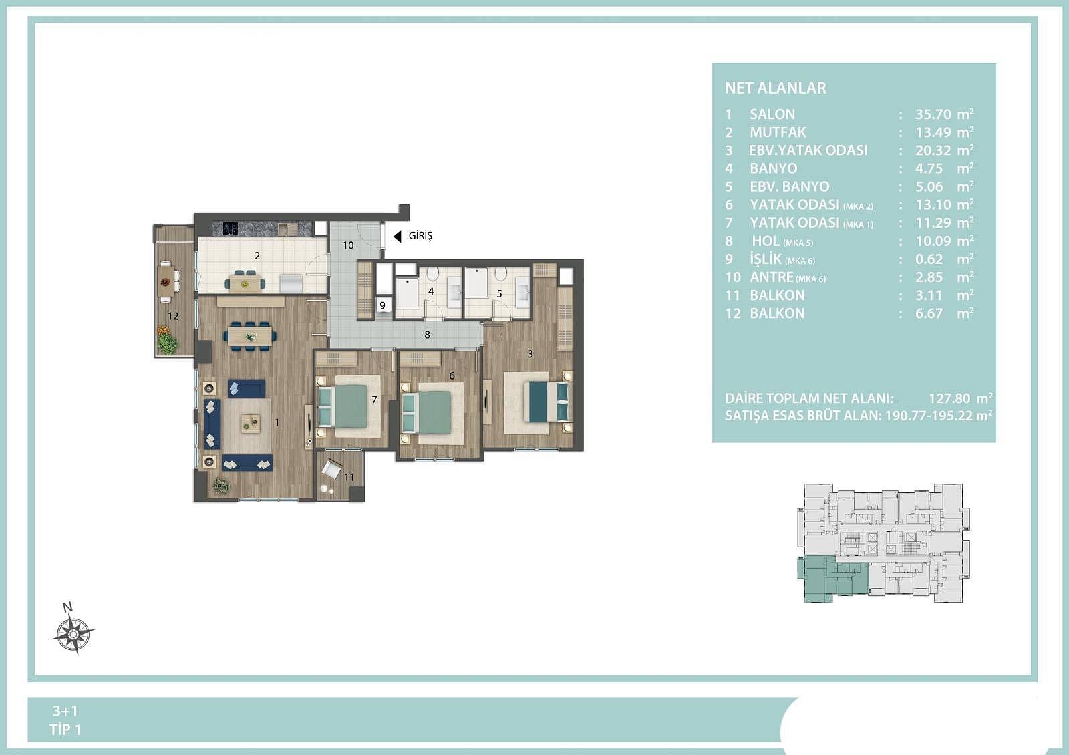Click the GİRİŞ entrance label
click(420, 236)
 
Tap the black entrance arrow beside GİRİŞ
click(397, 236)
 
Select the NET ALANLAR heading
click(776, 88)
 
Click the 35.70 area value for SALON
click(933, 114)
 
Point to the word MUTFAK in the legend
click(778, 132)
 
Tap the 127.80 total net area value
click(949, 398)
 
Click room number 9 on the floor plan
click(382, 305)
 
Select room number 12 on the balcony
click(173, 316)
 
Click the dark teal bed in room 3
click(547, 402)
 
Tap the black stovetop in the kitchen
click(231, 229)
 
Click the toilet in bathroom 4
click(432, 274)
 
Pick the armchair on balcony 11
click(331, 468)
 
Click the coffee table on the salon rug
click(251, 424)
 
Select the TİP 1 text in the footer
click(65, 730)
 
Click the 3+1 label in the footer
click(65, 711)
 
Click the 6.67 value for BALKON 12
click(929, 313)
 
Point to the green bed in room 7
click(343, 407)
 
